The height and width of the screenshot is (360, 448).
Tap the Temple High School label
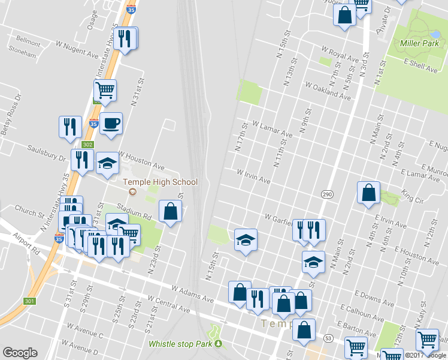coord(160,182)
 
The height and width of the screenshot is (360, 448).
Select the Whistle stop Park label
coord(181,344)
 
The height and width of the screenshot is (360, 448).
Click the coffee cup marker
coord(111,124)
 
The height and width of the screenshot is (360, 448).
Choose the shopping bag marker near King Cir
coord(369,193)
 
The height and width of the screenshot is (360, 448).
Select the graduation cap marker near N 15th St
coord(245,240)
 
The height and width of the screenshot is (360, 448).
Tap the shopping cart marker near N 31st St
coord(105,91)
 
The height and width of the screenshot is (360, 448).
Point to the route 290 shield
coord(326,194)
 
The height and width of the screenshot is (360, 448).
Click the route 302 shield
coord(88,145)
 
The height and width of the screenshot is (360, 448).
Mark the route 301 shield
coord(29,301)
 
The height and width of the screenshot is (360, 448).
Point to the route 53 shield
coord(328,338)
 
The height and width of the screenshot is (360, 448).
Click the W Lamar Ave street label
coord(273,128)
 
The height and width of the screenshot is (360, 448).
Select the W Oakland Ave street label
coord(328,91)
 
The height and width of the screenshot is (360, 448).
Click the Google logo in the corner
coord(20,352)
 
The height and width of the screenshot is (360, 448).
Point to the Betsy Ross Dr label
coord(10,113)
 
